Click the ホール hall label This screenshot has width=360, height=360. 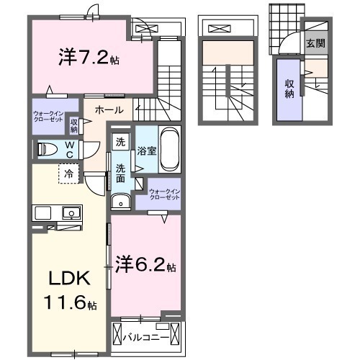[x=108, y=110]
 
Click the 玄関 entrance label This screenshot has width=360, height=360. [x=315, y=44]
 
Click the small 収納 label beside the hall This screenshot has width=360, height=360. [x=74, y=125]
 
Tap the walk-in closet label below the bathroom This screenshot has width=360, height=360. [x=164, y=194]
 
